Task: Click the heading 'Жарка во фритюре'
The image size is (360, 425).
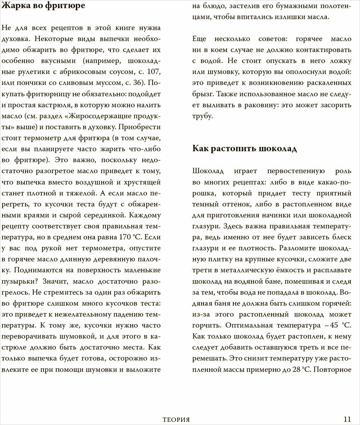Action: (x=44, y=6)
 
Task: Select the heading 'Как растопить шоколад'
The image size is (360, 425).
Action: (x=245, y=148)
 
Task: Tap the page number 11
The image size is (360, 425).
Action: (x=347, y=419)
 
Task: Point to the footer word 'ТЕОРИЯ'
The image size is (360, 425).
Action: (x=174, y=420)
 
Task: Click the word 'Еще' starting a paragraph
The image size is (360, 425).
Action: (x=200, y=39)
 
